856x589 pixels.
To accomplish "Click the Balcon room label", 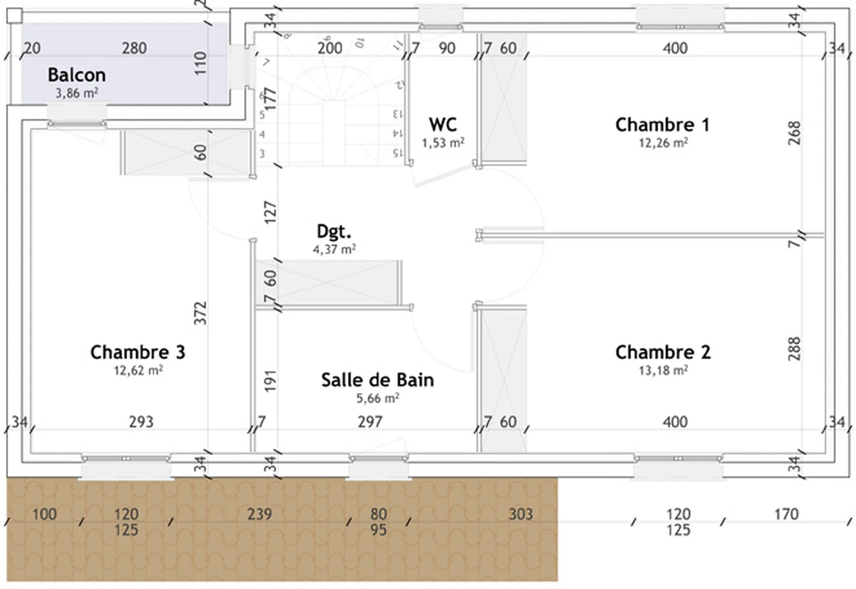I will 77,75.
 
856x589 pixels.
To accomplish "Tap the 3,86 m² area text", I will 77,93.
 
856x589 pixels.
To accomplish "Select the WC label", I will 443,125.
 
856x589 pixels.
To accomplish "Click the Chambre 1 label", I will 663,125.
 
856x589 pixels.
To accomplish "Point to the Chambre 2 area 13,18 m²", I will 663,371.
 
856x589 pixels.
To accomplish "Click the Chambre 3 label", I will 138,352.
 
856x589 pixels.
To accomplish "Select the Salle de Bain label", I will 378,380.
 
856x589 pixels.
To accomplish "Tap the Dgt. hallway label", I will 334,231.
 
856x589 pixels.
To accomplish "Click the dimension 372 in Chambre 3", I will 201,313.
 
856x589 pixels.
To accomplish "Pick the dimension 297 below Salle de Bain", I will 370,422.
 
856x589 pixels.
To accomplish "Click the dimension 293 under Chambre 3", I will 141,422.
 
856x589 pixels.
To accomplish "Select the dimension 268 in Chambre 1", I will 794,133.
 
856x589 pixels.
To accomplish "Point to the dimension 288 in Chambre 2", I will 794,349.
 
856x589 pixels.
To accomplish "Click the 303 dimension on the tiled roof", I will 521,514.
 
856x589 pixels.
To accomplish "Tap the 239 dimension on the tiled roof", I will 259,514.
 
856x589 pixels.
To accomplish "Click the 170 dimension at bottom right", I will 786,514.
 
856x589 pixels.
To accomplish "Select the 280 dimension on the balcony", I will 134,48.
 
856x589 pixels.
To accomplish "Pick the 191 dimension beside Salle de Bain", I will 271,381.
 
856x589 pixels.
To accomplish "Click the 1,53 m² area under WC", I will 443,143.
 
